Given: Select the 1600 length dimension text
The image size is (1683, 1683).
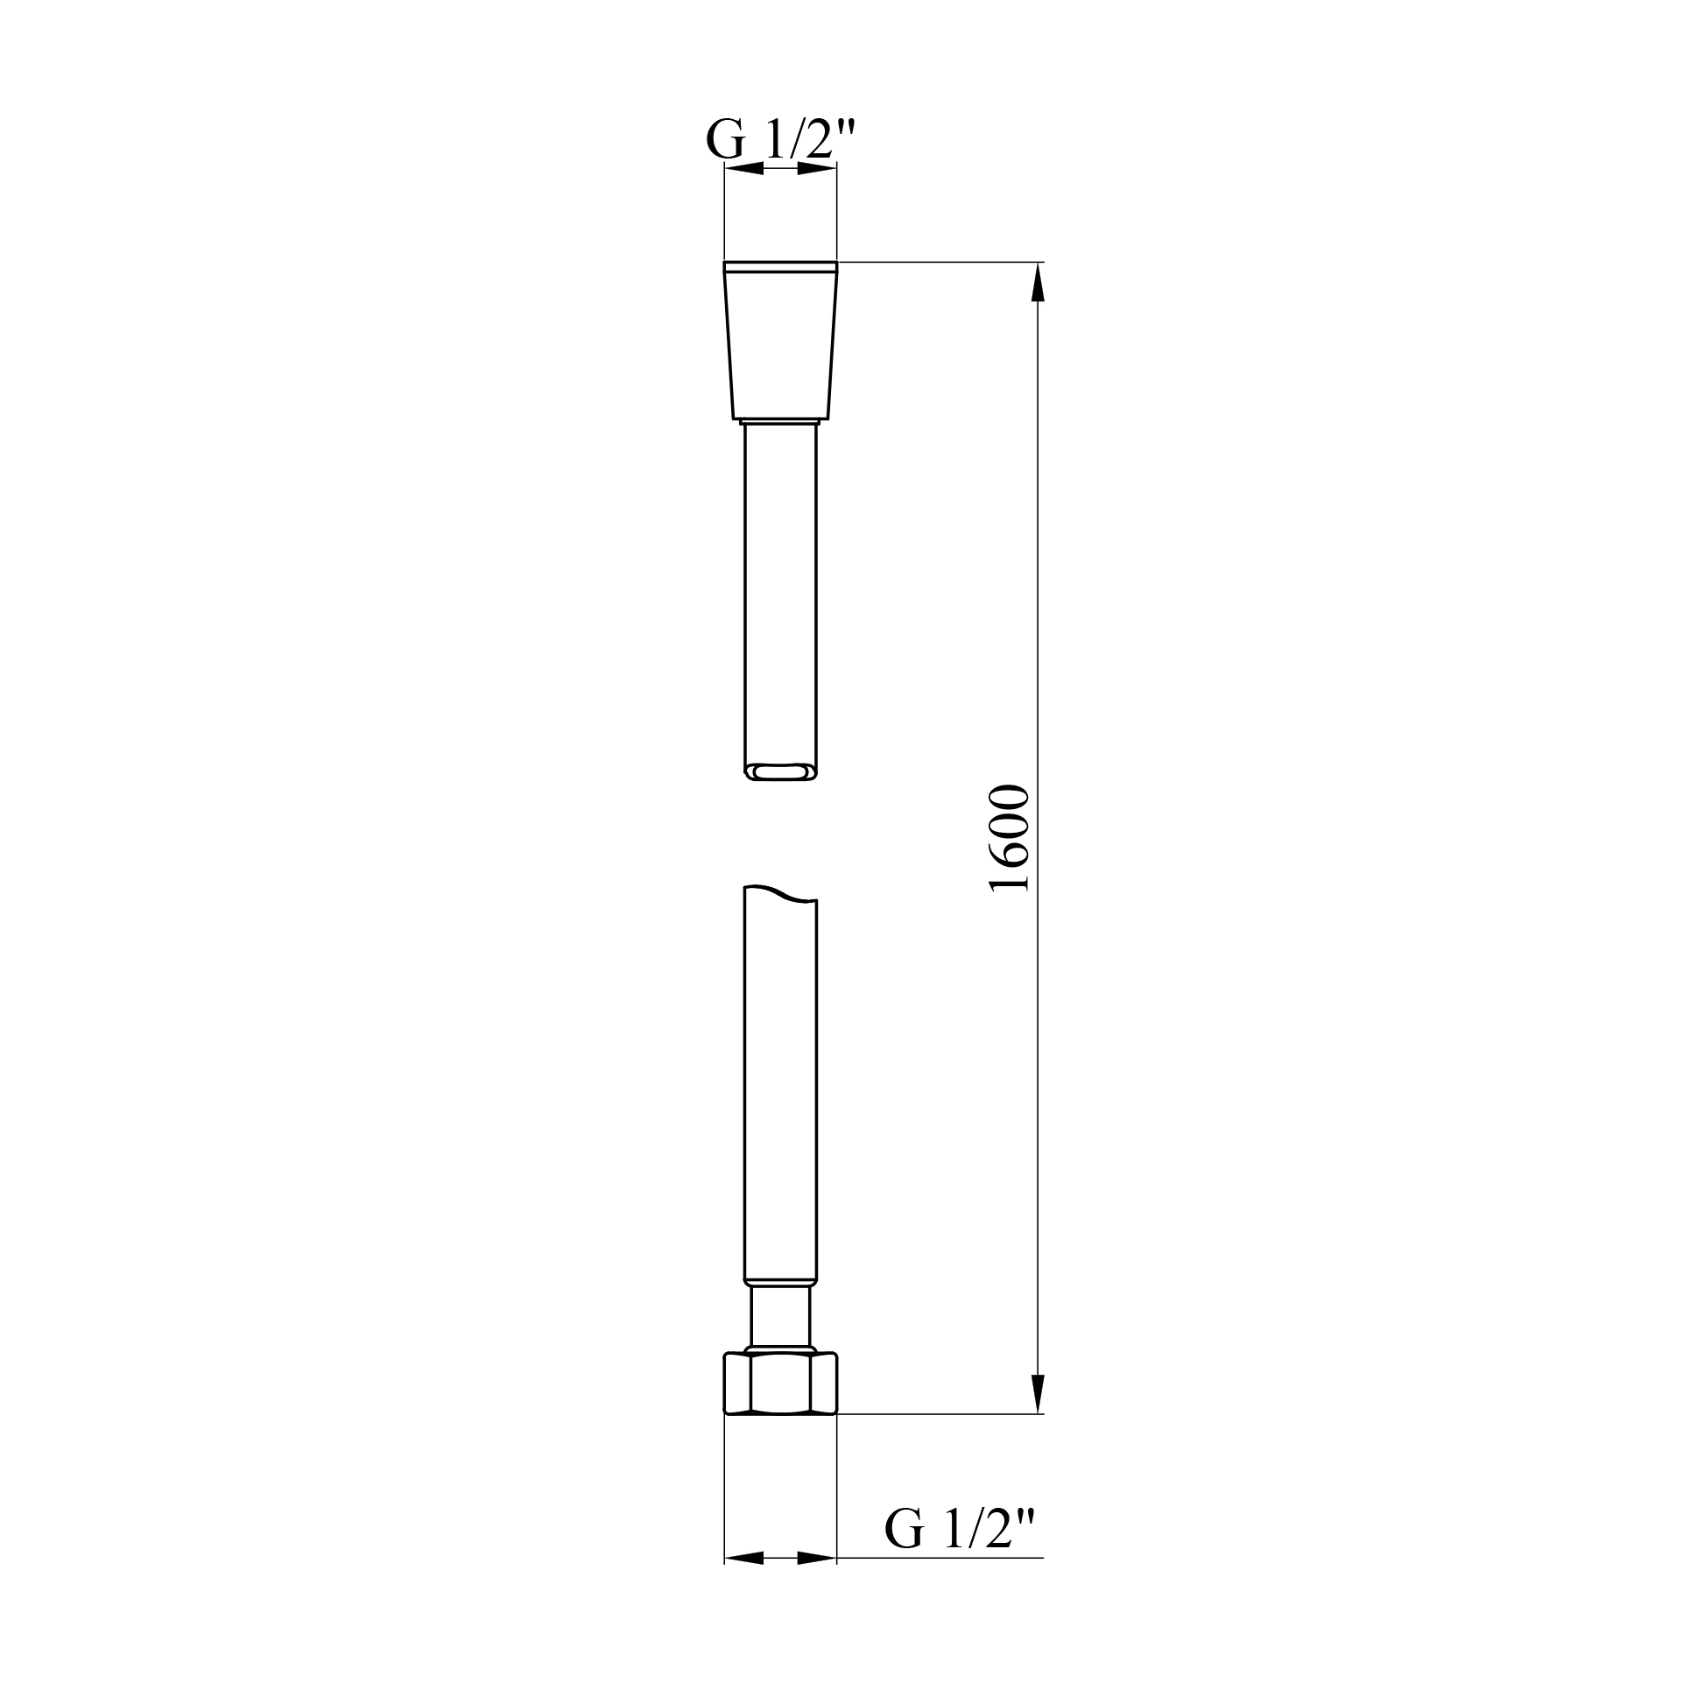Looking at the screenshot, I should point(1009,839).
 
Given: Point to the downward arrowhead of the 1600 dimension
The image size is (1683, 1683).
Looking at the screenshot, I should point(1039,1417).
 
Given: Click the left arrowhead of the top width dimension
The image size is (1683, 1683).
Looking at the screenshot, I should point(743,169).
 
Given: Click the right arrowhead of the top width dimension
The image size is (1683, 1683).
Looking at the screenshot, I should point(817,169).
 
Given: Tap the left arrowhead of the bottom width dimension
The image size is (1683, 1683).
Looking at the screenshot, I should point(743,1582).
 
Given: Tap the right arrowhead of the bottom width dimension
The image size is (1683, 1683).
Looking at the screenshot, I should point(817,1582).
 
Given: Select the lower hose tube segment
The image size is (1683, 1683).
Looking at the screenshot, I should point(780,1086).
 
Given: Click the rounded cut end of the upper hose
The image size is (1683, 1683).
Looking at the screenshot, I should point(780,771).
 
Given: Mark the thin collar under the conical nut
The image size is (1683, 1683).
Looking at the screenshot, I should point(780,422).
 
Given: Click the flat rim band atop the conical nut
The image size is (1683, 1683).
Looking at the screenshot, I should point(780,267).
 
